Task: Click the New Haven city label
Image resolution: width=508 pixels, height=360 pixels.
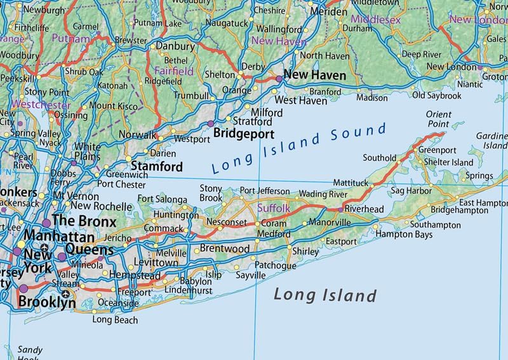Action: pyautogui.click(x=315, y=75)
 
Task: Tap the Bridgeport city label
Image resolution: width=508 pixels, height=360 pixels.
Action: pyautogui.click(x=244, y=134)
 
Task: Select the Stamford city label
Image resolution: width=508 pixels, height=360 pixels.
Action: pyautogui.click(x=157, y=167)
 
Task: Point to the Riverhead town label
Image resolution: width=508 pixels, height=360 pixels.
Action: pyautogui.click(x=364, y=208)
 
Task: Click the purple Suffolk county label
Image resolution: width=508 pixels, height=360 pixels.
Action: pyautogui.click(x=273, y=208)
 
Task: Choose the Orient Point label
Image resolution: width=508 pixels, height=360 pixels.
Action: pyautogui.click(x=439, y=119)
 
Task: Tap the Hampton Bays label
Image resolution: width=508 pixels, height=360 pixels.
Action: pyautogui.click(x=404, y=234)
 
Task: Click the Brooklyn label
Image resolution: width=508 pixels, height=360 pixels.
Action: pyautogui.click(x=47, y=302)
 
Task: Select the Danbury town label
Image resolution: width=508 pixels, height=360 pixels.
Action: pyautogui.click(x=175, y=46)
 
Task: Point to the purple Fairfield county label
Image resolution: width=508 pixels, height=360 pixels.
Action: pyautogui.click(x=174, y=72)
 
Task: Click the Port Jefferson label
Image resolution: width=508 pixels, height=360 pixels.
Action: pyautogui.click(x=264, y=191)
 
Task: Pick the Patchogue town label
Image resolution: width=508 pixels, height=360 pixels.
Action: pyautogui.click(x=275, y=265)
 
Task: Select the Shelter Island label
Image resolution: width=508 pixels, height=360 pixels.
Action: pyautogui.click(x=449, y=162)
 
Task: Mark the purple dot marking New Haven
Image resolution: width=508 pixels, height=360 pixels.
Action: pyautogui.click(x=278, y=78)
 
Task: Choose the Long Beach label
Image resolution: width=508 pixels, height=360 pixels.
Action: pyautogui.click(x=115, y=319)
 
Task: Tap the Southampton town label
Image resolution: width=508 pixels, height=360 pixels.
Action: pyautogui.click(x=436, y=225)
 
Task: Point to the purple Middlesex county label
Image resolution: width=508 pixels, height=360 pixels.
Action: pyautogui.click(x=377, y=20)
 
